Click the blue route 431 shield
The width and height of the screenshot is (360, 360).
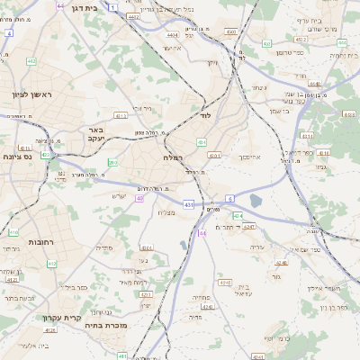tap(187, 205)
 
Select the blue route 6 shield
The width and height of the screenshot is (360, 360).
tap(229, 197)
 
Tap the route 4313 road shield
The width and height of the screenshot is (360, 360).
tap(121, 116)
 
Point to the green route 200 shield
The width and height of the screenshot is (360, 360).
tap(112, 163)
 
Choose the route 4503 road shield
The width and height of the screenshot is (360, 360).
tap(231, 32)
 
